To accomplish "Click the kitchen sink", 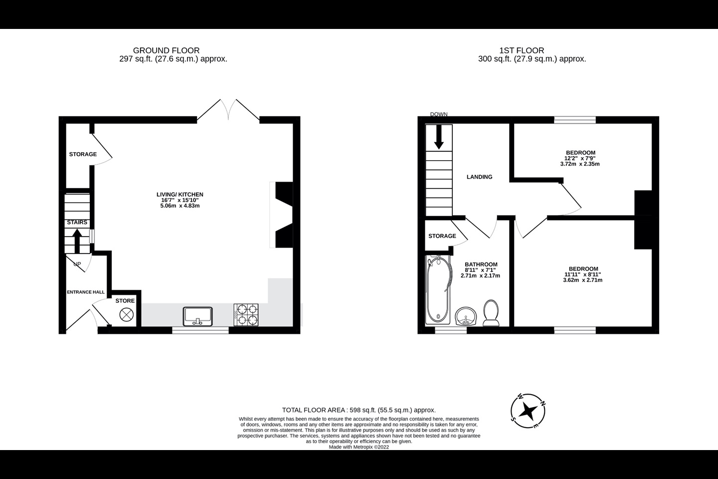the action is click(198, 316).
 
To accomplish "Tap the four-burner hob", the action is click(246, 315).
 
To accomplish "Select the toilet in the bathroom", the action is click(491, 313).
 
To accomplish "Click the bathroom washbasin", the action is click(466, 316).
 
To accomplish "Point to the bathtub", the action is click(438, 289).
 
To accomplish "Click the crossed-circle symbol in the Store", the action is click(126, 314).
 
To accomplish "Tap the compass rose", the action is click(528, 411).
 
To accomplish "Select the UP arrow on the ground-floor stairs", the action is click(77, 241).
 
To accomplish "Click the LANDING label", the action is click(479, 177).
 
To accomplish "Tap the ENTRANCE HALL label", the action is click(86, 292).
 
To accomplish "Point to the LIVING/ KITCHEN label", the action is click(180, 195).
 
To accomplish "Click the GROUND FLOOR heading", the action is click(167, 50).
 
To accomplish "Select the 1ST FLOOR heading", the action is click(522, 50).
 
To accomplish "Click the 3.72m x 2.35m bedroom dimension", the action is click(580, 164).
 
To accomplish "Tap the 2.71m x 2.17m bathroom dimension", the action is click(480, 275).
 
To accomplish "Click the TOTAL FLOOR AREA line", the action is click(359, 410).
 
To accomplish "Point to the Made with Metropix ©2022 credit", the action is click(359, 447).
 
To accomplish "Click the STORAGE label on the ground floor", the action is click(83, 154).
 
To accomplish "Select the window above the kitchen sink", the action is click(200, 330).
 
